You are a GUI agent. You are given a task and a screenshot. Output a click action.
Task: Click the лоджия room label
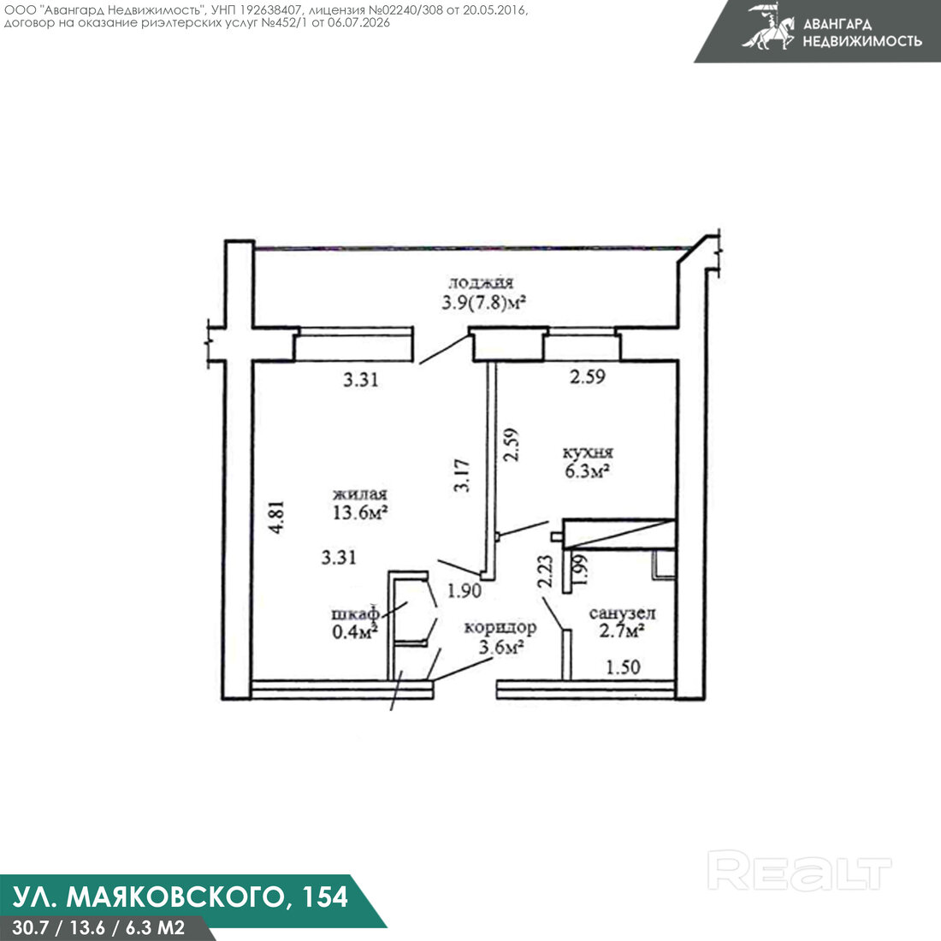click(x=481, y=282)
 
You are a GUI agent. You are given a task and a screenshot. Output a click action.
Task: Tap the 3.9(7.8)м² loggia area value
click(x=483, y=303)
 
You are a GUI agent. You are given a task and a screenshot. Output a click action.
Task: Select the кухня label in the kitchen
click(x=588, y=453)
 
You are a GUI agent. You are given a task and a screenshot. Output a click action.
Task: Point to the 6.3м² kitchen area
click(x=588, y=471)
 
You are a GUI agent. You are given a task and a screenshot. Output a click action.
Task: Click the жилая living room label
click(x=360, y=494)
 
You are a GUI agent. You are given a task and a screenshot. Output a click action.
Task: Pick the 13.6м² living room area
click(x=359, y=512)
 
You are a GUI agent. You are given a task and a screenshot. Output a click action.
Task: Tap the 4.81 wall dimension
click(x=276, y=517)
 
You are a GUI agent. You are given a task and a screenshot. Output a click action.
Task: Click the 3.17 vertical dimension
click(x=461, y=476)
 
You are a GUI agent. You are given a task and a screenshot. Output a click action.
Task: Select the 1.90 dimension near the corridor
click(x=464, y=591)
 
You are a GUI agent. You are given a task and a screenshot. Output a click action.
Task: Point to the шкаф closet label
click(x=355, y=613)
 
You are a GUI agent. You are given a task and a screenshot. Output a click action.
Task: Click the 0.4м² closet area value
click(x=355, y=631)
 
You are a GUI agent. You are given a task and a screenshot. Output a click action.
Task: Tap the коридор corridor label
click(x=500, y=628)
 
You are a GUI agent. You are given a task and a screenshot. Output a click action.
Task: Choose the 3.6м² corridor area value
click(x=501, y=647)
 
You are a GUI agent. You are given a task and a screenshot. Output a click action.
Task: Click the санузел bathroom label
click(x=622, y=613)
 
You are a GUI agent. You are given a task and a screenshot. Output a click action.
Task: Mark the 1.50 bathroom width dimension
click(x=623, y=666)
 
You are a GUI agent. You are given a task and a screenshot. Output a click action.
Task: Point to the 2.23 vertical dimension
click(x=545, y=571)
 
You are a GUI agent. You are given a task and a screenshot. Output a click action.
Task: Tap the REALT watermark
click(x=799, y=870)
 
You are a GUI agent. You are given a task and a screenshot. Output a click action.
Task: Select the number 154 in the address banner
click(x=325, y=897)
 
